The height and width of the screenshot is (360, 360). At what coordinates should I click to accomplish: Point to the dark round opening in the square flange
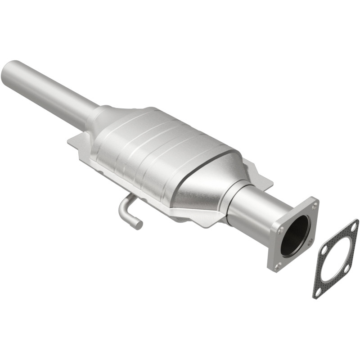coord(295,236)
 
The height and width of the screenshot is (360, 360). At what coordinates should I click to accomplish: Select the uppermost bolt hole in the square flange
coord(315,205)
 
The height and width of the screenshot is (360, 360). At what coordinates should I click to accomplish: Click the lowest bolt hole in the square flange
coord(277,266)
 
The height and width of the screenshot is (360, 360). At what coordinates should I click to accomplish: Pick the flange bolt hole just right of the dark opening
coord(310,242)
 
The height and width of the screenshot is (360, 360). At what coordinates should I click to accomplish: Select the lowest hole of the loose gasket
coord(318,292)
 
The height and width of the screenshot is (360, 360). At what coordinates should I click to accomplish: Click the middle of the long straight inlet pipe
coord(49,90)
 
